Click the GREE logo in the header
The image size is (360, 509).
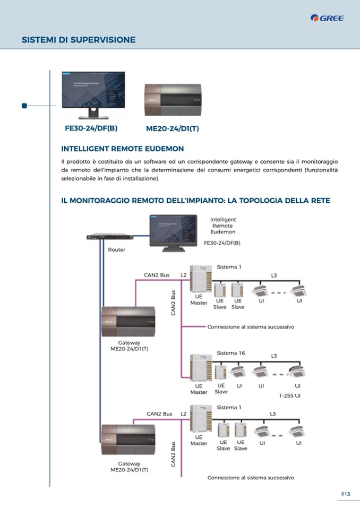point(328,19)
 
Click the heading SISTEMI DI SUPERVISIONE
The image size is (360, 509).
point(79,40)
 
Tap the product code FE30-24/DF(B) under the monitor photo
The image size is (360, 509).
point(91,128)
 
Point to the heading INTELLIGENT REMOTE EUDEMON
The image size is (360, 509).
point(123,149)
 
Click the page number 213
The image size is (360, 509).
point(346,494)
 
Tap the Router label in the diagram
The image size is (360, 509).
point(117,249)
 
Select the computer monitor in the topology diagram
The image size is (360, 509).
point(173,232)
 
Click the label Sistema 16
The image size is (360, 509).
point(231,353)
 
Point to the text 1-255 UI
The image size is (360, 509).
point(290,395)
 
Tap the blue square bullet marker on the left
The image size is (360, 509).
point(24,106)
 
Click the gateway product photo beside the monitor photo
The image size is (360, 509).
point(173,99)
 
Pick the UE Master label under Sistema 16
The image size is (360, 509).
point(199,389)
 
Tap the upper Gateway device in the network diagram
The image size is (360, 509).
point(130,321)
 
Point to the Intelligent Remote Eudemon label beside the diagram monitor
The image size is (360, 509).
point(223,226)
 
